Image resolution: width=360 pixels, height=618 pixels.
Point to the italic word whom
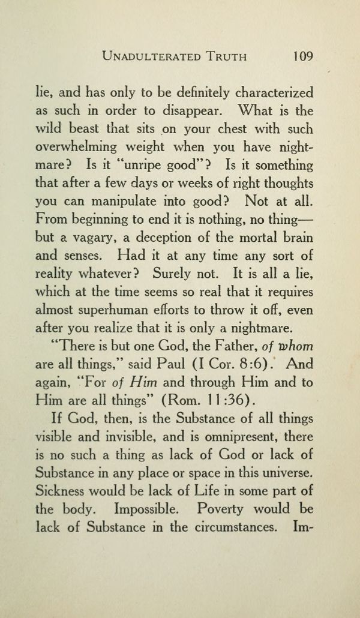292,347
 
